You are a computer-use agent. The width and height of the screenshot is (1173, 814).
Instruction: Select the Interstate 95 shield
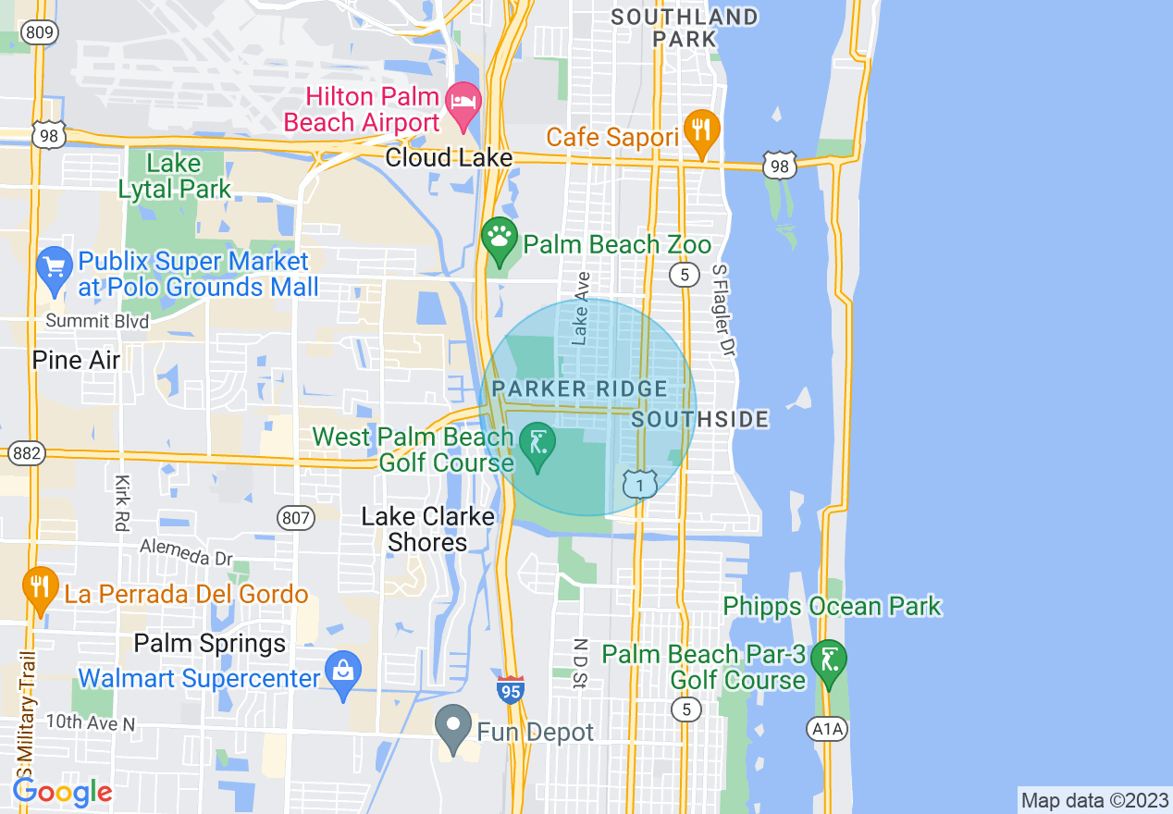[x=510, y=690]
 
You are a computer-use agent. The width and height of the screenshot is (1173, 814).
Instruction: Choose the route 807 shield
[x=296, y=518]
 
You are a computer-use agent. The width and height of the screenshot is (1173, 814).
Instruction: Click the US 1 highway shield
[x=639, y=483]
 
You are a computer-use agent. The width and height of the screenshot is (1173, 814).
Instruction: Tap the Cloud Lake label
[x=449, y=158]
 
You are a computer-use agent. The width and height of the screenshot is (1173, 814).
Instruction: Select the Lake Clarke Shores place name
[x=427, y=529]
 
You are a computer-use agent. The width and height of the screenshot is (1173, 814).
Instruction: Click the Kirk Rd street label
[x=121, y=502]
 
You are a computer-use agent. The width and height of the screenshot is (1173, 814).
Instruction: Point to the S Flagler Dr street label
[x=722, y=310]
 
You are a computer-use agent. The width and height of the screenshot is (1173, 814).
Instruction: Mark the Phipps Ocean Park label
[x=832, y=607]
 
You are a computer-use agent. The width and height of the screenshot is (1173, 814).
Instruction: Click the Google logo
[x=62, y=792]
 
